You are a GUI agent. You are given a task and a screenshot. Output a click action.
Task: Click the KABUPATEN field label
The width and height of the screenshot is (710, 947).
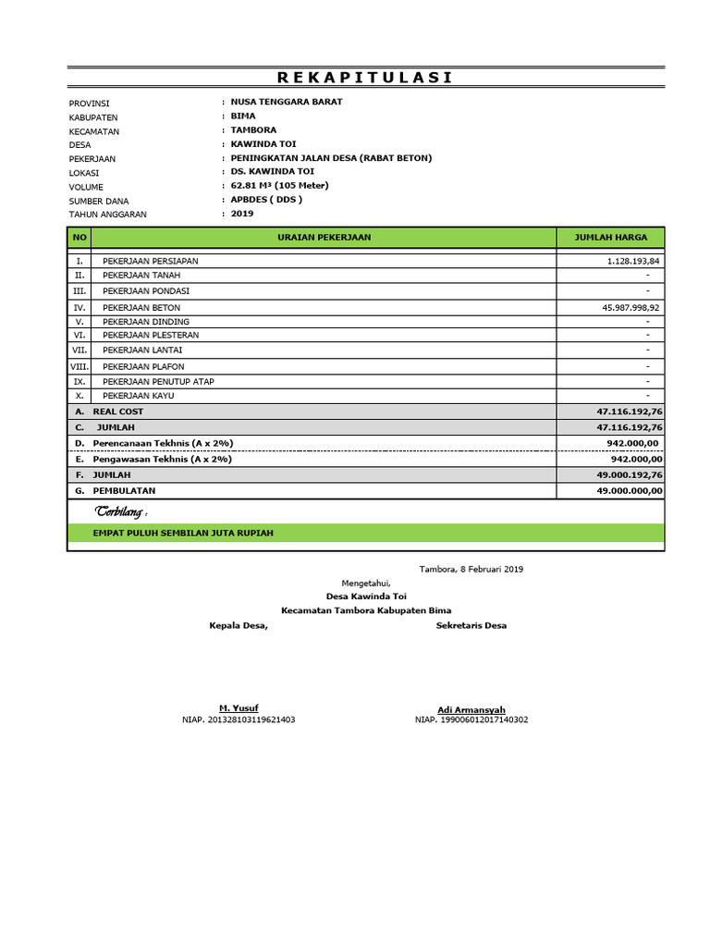point(93,117)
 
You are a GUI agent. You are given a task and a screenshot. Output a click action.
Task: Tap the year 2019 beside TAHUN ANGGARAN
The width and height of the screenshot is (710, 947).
point(241,214)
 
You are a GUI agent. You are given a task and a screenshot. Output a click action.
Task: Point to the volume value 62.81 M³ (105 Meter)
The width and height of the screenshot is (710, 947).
point(279,186)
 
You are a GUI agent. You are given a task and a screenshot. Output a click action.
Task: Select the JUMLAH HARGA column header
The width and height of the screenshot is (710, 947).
point(611,238)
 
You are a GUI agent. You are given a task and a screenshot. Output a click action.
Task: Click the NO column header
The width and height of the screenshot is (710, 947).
point(80,238)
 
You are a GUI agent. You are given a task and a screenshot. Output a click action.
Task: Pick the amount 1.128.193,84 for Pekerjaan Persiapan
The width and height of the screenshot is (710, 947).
point(634,262)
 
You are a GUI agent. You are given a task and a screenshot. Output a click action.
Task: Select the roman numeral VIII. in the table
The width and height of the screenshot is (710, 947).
point(80,367)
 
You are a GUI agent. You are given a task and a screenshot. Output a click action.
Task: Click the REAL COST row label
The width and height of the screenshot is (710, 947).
point(117,412)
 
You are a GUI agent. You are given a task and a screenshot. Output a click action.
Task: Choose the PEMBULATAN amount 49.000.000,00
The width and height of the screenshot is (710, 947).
point(630,491)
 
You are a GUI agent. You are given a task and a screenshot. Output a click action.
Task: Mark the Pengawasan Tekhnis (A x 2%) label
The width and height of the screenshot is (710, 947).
point(163,459)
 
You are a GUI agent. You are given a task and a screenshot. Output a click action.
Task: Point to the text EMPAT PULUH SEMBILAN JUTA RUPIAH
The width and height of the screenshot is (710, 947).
point(183,534)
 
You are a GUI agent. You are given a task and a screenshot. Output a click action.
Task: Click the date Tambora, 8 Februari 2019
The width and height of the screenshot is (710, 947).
point(471,570)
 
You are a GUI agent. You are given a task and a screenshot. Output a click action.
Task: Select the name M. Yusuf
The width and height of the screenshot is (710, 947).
point(239,708)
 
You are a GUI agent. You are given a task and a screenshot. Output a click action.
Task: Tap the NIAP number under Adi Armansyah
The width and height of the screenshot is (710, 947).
point(471,719)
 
